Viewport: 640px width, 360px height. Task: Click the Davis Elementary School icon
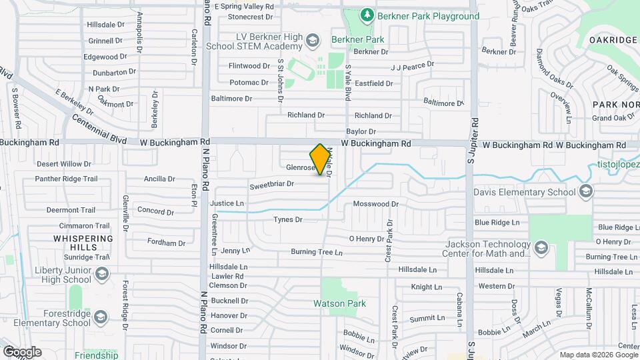[585, 192]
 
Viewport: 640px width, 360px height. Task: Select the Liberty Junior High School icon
[101, 273]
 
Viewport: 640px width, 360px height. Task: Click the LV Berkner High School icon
[311, 43]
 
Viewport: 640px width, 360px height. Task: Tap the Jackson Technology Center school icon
[541, 248]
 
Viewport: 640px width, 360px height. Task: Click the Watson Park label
[340, 303]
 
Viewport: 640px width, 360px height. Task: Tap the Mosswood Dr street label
[375, 204]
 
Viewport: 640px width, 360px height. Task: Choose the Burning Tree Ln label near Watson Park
[316, 252]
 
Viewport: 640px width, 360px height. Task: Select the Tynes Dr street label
[288, 219]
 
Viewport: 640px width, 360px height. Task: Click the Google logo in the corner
[22, 351]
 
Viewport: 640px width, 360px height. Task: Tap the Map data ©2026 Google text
[599, 355]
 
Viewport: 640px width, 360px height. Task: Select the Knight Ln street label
[422, 287]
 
